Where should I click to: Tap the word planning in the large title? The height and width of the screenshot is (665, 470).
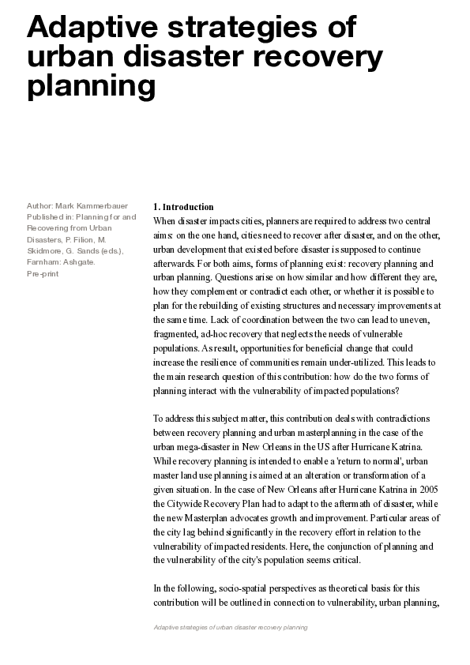pos(91,88)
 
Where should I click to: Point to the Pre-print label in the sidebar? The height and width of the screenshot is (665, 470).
pos(43,273)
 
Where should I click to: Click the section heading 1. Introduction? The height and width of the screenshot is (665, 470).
pos(183,207)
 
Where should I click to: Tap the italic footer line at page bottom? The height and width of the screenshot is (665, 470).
pos(230,626)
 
